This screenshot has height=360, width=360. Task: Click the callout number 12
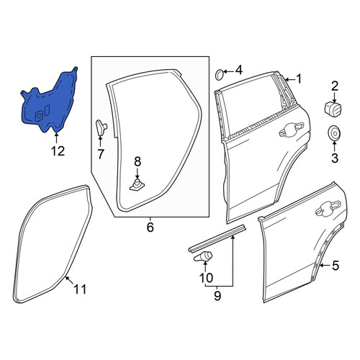(58, 151)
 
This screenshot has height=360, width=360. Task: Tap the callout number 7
(100, 154)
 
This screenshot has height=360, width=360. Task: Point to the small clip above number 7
(101, 127)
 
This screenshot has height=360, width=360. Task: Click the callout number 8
(138, 162)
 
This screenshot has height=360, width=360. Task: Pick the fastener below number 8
(138, 185)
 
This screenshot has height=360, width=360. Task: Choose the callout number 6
(150, 227)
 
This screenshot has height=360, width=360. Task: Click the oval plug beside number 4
(219, 75)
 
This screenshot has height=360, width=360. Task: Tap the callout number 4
(239, 71)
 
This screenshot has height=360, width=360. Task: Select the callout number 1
(299, 79)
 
